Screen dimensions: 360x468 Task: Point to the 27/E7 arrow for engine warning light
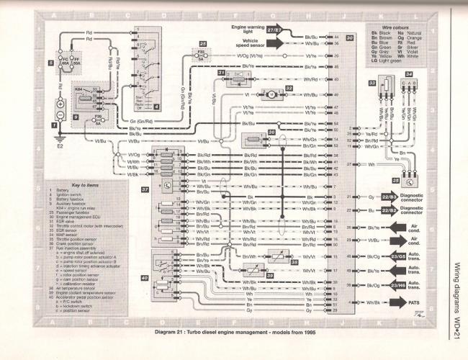tap(274, 32)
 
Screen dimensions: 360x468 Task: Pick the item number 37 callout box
tap(145, 189)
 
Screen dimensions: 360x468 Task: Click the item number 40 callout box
tap(145, 276)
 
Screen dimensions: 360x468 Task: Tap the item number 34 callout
tap(408, 73)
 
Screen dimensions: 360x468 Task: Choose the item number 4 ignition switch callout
tap(156, 107)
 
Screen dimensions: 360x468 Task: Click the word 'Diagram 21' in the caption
tap(185, 333)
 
